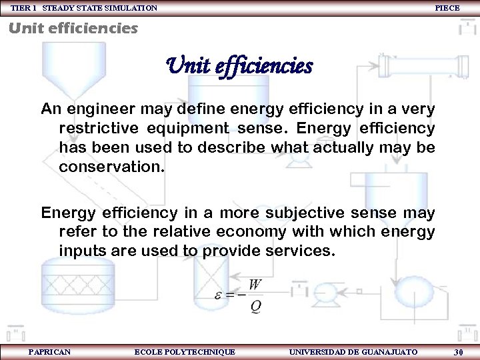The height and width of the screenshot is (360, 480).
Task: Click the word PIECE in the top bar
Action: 447,7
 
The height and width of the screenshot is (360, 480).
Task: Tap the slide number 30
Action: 458,351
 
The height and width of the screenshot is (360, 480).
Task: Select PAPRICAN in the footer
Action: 49,351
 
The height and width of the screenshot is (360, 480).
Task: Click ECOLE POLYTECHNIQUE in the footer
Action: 185,351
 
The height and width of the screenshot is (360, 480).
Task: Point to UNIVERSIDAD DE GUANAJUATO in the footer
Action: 353,351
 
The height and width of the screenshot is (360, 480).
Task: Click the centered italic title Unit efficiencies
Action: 239,66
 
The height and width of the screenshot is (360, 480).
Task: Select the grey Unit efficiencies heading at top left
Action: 73,28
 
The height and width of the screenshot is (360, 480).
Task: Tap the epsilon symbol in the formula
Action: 219,294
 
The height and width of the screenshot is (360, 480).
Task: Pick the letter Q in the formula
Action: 255,307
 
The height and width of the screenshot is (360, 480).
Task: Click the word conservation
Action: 111,166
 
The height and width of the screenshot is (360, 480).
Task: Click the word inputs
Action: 81,251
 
